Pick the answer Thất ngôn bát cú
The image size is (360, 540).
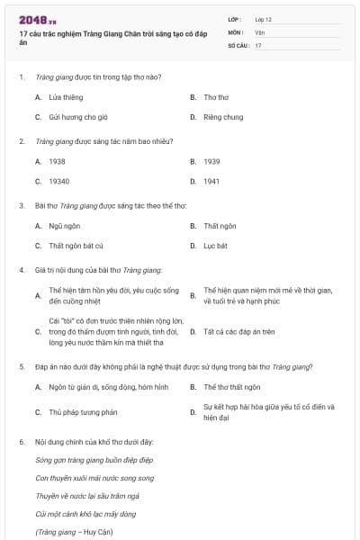tap(76, 245)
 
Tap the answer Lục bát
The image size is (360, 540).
tap(215, 245)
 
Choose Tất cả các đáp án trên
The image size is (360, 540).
tap(239, 331)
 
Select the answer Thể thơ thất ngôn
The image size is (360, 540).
tap(232, 387)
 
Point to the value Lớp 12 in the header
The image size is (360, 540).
tap(264, 19)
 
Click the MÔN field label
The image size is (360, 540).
tap(236, 32)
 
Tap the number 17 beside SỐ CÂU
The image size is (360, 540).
tap(258, 45)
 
